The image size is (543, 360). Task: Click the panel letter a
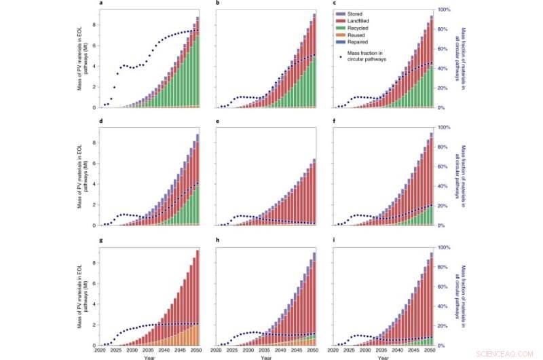click(101, 3)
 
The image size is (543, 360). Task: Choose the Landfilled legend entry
click(360, 22)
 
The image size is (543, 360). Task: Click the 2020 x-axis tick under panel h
click(217, 351)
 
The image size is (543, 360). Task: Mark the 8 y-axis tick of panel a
click(96, 24)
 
